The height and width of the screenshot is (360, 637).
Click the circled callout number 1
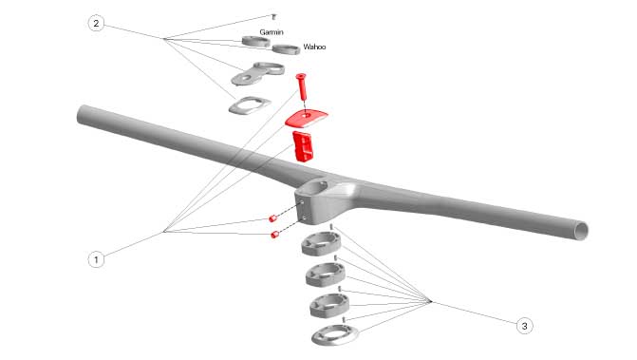click(x=96, y=259)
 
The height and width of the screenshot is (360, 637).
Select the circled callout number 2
click(x=96, y=23)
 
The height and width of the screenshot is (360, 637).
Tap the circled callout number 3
click(x=524, y=326)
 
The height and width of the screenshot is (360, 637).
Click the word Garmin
click(x=272, y=32)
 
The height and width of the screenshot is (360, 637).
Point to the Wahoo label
click(x=314, y=47)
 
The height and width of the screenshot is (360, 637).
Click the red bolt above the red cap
click(x=302, y=87)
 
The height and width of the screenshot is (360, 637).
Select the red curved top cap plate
click(x=306, y=118)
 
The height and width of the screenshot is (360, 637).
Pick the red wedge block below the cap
click(x=302, y=146)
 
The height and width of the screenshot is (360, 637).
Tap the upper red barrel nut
click(x=272, y=218)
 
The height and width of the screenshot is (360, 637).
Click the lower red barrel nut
click(x=274, y=235)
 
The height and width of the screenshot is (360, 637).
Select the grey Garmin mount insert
click(x=256, y=42)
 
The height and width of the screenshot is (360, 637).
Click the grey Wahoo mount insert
click(x=287, y=49)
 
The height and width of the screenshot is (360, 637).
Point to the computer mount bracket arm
click(x=257, y=73)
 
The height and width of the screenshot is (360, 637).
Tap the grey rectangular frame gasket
click(x=250, y=105)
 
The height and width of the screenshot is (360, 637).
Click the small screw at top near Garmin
click(x=273, y=17)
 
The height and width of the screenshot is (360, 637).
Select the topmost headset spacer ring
click(x=321, y=244)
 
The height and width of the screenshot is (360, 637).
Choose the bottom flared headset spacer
click(x=335, y=335)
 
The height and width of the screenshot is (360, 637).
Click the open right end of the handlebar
click(x=582, y=231)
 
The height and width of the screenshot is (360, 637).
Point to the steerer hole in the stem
click(x=317, y=187)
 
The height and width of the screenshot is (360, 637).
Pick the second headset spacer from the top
click(x=326, y=275)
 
